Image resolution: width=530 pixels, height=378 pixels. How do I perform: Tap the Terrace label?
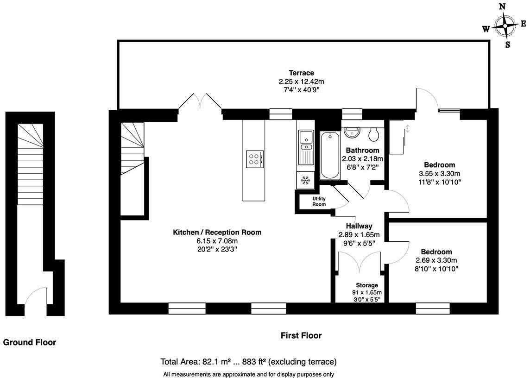(302, 73)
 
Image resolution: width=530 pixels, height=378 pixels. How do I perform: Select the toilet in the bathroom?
(373, 134)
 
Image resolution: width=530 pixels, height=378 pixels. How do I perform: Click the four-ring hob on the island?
(253, 158)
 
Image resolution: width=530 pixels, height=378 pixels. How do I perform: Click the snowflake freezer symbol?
(305, 180)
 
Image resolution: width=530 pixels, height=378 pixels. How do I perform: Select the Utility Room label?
(319, 202)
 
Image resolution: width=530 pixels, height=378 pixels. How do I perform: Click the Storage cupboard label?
(367, 285)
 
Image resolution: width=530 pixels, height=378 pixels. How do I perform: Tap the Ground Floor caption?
(30, 343)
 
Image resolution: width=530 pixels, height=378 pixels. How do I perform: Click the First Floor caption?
(301, 335)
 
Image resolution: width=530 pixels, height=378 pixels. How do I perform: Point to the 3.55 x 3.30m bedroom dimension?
(439, 174)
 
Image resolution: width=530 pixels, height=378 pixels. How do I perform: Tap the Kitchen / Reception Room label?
(217, 233)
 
